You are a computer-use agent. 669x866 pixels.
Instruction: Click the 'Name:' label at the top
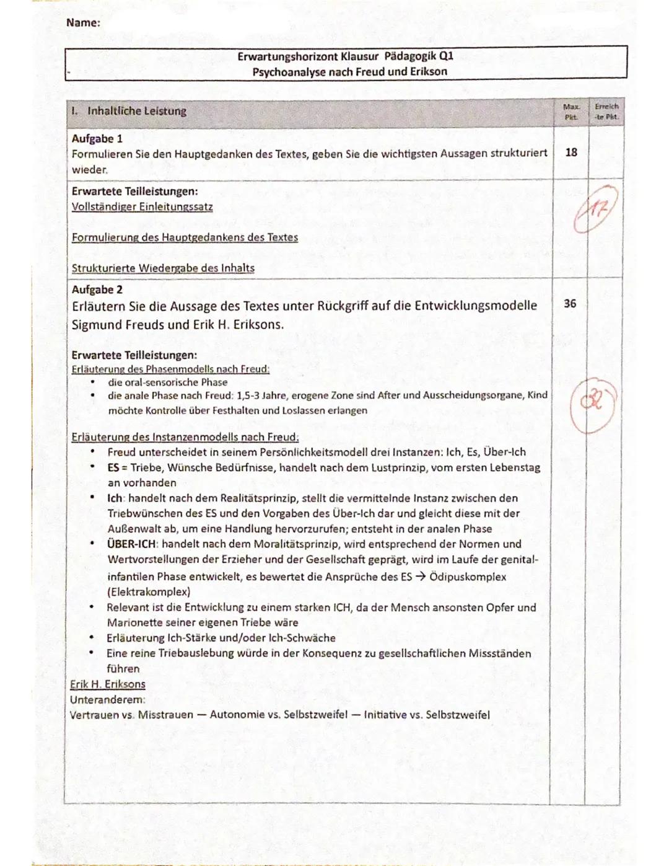83,23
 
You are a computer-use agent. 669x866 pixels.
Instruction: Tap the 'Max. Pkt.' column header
571,112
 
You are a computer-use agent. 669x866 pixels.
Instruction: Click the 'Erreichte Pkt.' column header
606,112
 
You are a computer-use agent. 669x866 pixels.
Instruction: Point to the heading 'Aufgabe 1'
97,138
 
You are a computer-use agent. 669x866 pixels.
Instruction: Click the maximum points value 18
571,152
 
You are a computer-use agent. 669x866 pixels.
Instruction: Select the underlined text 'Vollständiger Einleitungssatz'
142,206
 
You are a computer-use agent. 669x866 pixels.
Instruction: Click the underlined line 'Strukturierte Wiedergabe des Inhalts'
163,268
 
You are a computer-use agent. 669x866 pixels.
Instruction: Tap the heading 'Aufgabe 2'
97,289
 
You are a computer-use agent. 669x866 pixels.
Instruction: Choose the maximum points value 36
570,303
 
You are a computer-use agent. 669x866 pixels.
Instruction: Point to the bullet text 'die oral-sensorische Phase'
167,382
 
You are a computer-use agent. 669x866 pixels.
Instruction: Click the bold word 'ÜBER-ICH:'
132,544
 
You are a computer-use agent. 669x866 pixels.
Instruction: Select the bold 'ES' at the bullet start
113,467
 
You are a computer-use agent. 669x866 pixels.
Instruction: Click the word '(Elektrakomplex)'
149,591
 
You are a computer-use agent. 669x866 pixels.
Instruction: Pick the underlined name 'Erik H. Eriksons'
108,684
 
